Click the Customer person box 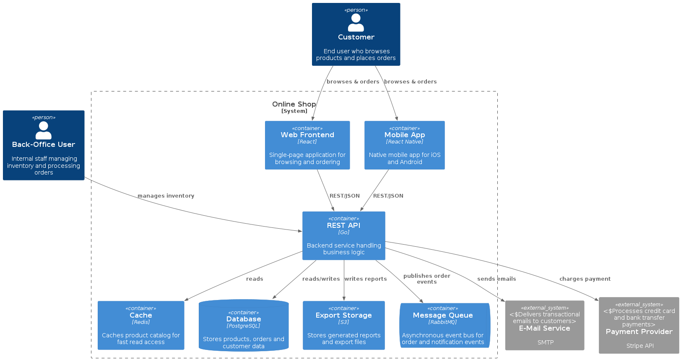356,34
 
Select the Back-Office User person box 44,145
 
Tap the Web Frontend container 307,145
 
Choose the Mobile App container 404,145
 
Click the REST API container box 344,235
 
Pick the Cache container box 141,325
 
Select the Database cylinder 244,325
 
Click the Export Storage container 344,325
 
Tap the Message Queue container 444,325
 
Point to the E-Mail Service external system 544,325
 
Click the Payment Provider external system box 639,325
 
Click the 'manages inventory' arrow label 166,196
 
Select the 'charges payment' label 585,279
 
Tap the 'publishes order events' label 426,279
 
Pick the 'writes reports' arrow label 365,279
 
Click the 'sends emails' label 496,279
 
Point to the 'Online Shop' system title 294,104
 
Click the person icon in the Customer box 356,23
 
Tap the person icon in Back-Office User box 44,130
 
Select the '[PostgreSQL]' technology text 243,326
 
